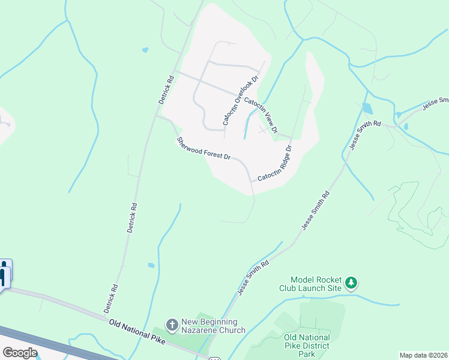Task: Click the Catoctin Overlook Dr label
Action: [x=240, y=100]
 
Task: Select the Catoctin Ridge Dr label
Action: [x=275, y=163]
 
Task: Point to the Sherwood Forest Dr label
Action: [x=203, y=148]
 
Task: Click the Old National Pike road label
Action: [x=137, y=331]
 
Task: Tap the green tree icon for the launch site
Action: [x=351, y=282]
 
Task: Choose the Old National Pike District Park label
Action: [x=307, y=346]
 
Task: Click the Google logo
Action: [x=20, y=353]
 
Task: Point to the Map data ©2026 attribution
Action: [x=424, y=355]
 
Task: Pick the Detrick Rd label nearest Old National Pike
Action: [x=110, y=299]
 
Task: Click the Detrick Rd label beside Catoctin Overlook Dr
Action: [x=166, y=90]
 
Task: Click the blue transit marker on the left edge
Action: [x=5, y=275]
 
